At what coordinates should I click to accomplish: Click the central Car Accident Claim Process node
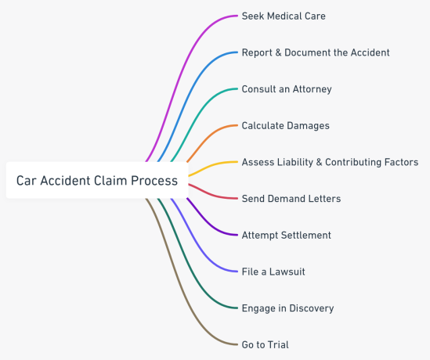(96, 181)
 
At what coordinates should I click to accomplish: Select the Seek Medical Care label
(283, 16)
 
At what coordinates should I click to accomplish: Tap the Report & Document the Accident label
(315, 52)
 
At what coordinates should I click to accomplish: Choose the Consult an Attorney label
(286, 89)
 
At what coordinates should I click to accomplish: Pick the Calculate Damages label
(285, 125)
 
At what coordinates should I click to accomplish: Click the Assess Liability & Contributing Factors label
(330, 162)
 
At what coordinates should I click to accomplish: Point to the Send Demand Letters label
(291, 199)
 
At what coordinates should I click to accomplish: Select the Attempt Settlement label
(286, 235)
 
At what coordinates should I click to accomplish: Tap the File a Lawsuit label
(273, 272)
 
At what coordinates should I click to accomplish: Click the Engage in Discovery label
(287, 308)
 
